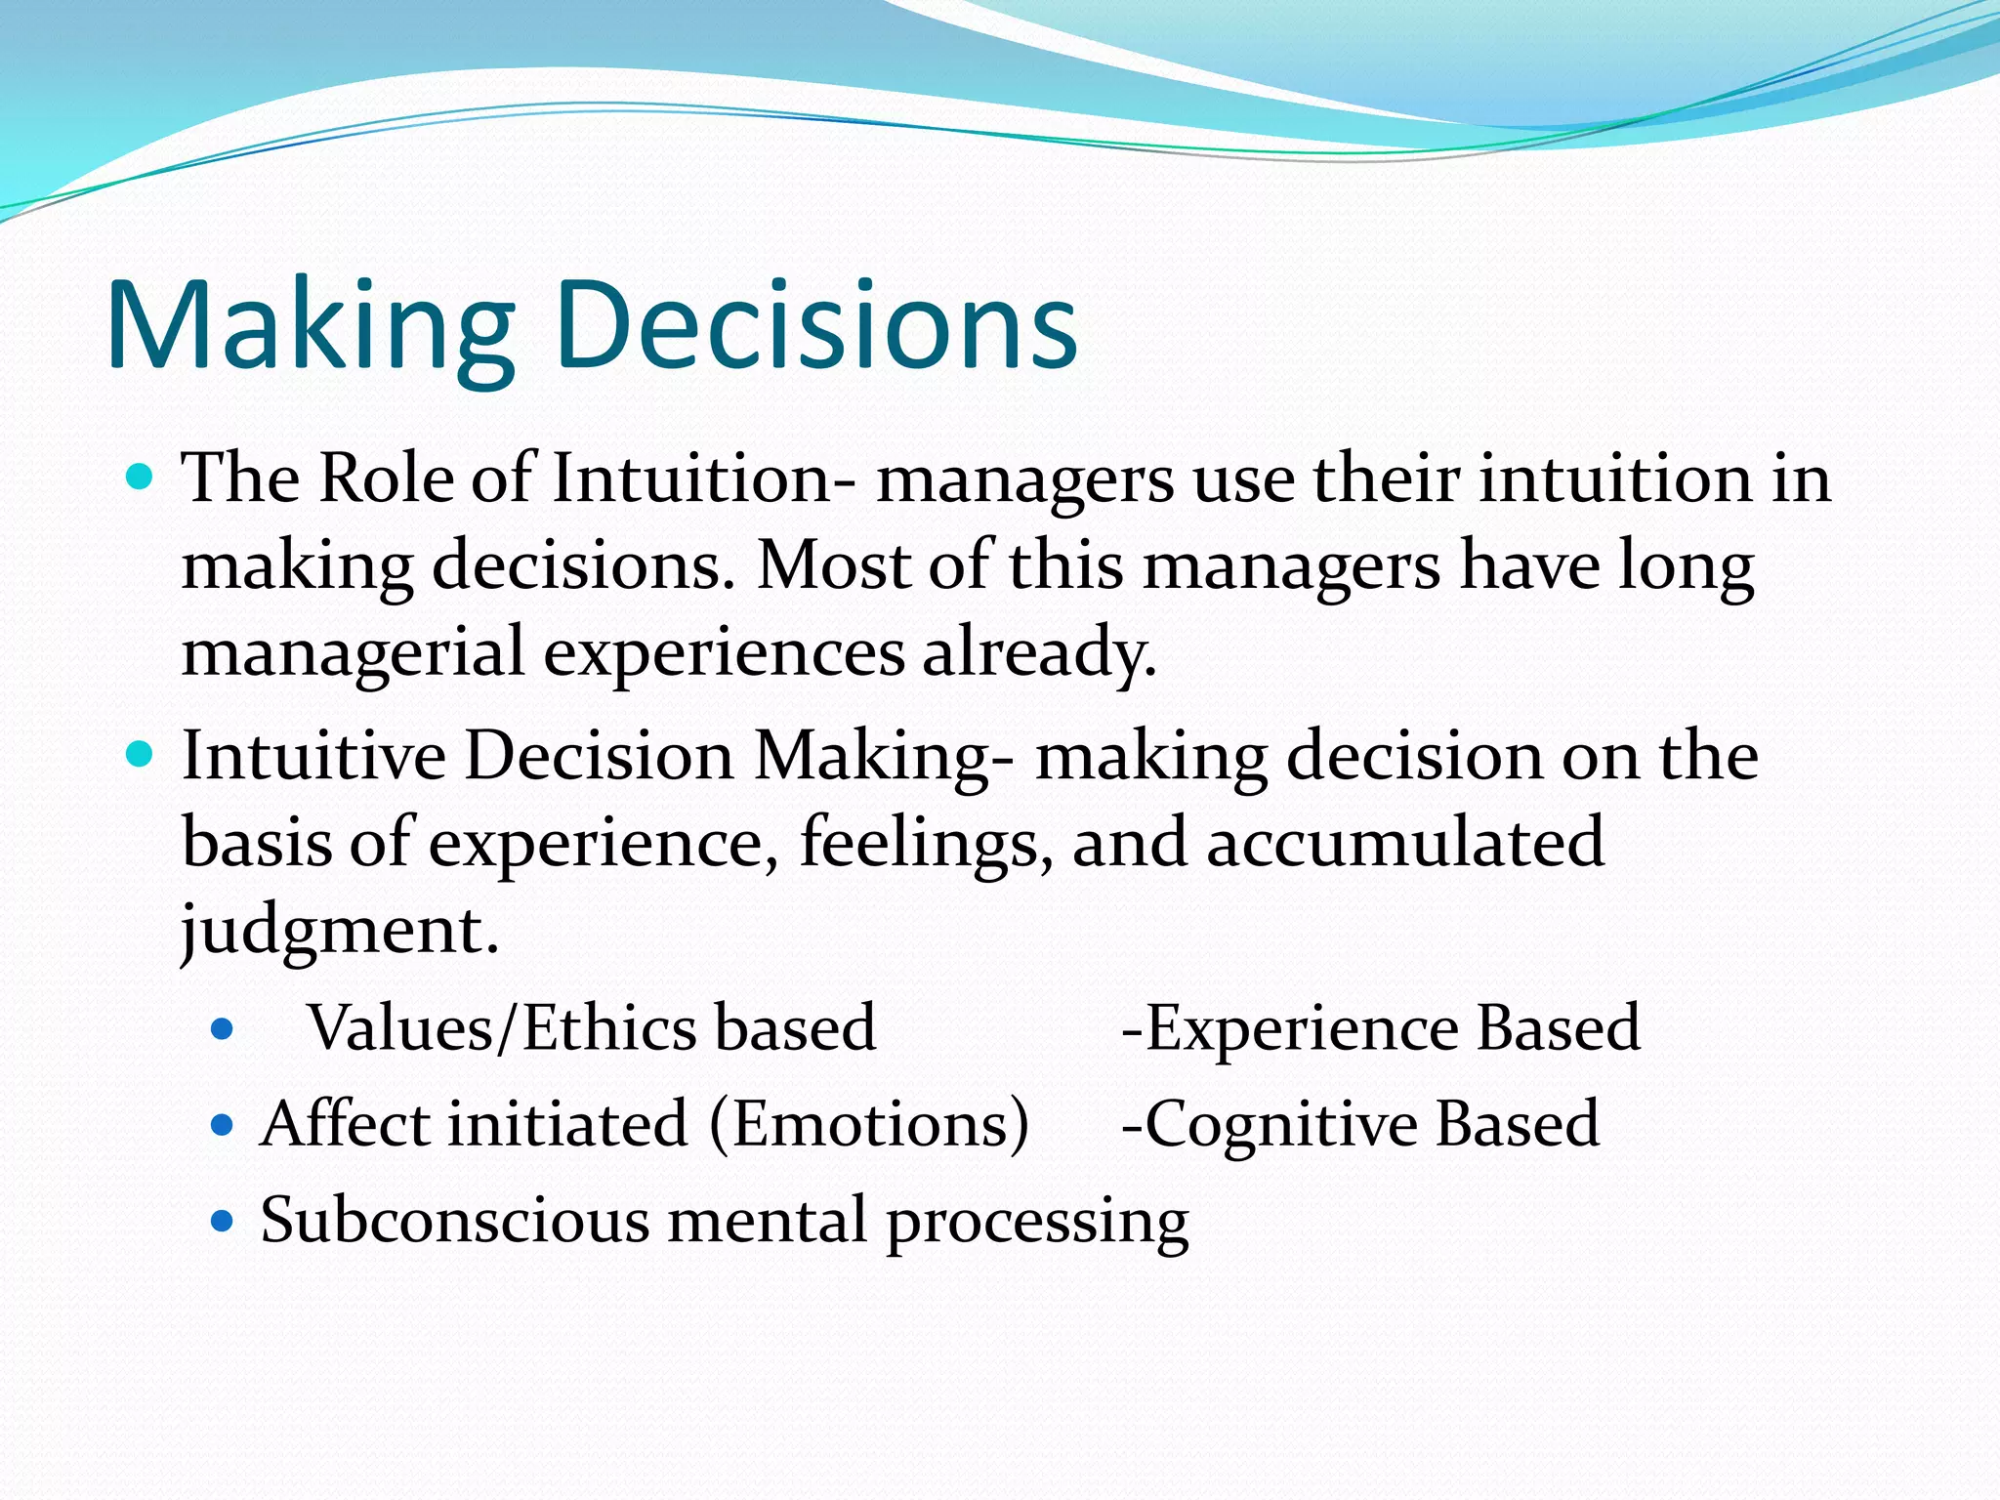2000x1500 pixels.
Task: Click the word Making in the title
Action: coord(311,327)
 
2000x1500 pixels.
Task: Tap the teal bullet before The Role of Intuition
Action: coord(141,479)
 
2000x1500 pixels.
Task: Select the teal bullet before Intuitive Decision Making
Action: coord(141,755)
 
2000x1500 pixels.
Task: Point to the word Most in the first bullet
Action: coord(833,565)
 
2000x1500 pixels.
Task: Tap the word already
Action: coord(1039,652)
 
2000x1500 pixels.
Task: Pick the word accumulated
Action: coord(1405,842)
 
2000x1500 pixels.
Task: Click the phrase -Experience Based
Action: coord(1381,1028)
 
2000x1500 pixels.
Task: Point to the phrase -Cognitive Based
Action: coord(1360,1124)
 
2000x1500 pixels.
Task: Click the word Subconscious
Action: coord(455,1220)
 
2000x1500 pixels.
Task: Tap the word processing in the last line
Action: coord(1037,1222)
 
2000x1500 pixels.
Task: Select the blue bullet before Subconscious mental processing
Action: coord(223,1221)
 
